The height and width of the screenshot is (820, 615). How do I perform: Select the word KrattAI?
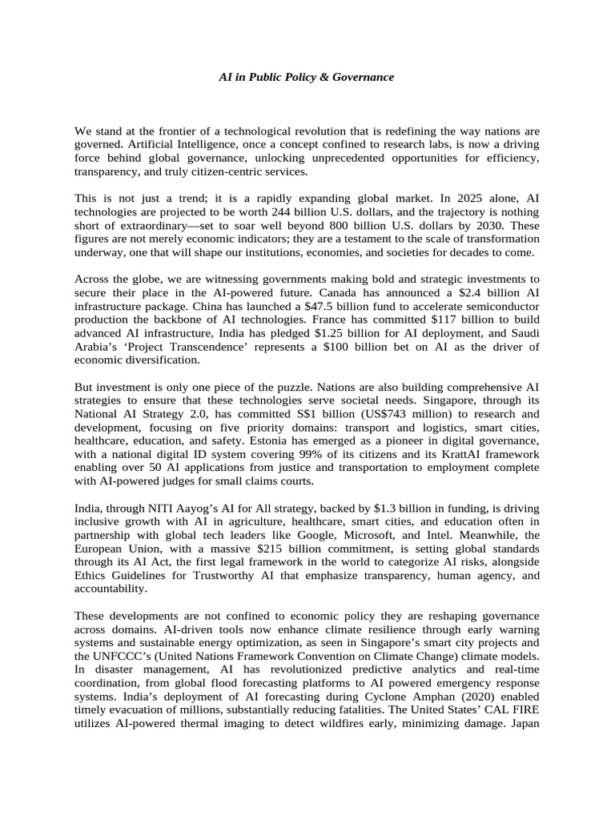[445, 455]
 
